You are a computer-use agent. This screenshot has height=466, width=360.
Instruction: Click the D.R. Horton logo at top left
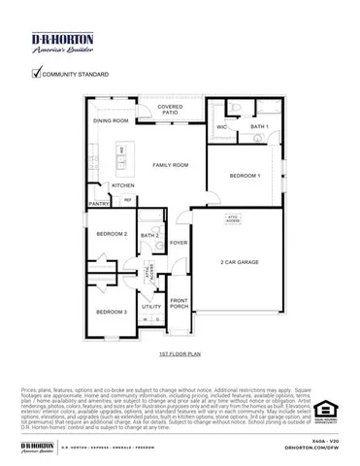pyautogui.click(x=61, y=42)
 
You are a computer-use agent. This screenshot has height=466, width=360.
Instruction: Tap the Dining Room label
pyautogui.click(x=111, y=120)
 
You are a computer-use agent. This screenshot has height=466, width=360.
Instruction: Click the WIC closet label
pyautogui.click(x=222, y=126)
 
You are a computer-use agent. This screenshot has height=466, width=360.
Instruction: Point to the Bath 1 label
pyautogui.click(x=259, y=126)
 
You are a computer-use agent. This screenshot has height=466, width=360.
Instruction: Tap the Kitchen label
pyautogui.click(x=122, y=184)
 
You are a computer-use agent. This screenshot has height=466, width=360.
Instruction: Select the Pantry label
pyautogui.click(x=99, y=204)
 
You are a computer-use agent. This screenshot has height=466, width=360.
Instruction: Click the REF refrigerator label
pyautogui.click(x=127, y=200)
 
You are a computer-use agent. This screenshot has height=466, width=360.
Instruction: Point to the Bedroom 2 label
pyautogui.click(x=112, y=234)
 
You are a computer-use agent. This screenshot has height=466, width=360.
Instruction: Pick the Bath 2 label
pyautogui.click(x=149, y=235)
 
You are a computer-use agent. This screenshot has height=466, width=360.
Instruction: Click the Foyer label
pyautogui.click(x=179, y=243)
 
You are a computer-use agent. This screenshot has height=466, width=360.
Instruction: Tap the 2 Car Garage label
pyautogui.click(x=238, y=262)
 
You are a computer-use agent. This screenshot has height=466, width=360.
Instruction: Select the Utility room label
pyautogui.click(x=151, y=306)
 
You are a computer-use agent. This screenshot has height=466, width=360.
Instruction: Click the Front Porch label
pyautogui.click(x=180, y=303)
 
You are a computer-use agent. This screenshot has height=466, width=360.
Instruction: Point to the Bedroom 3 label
pyautogui.click(x=112, y=311)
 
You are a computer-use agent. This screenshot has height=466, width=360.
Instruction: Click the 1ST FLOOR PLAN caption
pyautogui.click(x=179, y=356)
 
